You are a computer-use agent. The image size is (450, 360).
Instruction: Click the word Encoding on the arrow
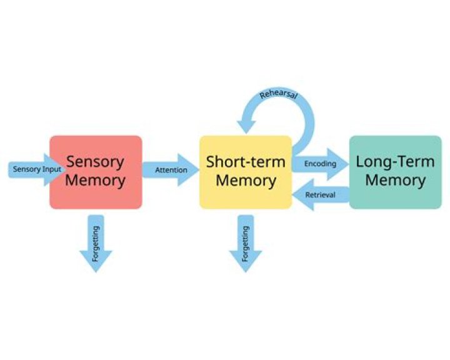click(x=320, y=164)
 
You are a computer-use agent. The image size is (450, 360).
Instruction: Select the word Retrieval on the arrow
click(x=320, y=196)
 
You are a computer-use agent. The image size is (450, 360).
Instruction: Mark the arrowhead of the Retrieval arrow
click(x=300, y=196)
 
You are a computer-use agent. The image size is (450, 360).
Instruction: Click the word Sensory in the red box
click(x=96, y=161)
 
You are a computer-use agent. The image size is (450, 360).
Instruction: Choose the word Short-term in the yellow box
click(x=245, y=162)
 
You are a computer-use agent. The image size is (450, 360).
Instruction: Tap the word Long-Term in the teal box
click(x=395, y=161)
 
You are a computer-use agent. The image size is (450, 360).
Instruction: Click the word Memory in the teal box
click(x=395, y=181)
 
